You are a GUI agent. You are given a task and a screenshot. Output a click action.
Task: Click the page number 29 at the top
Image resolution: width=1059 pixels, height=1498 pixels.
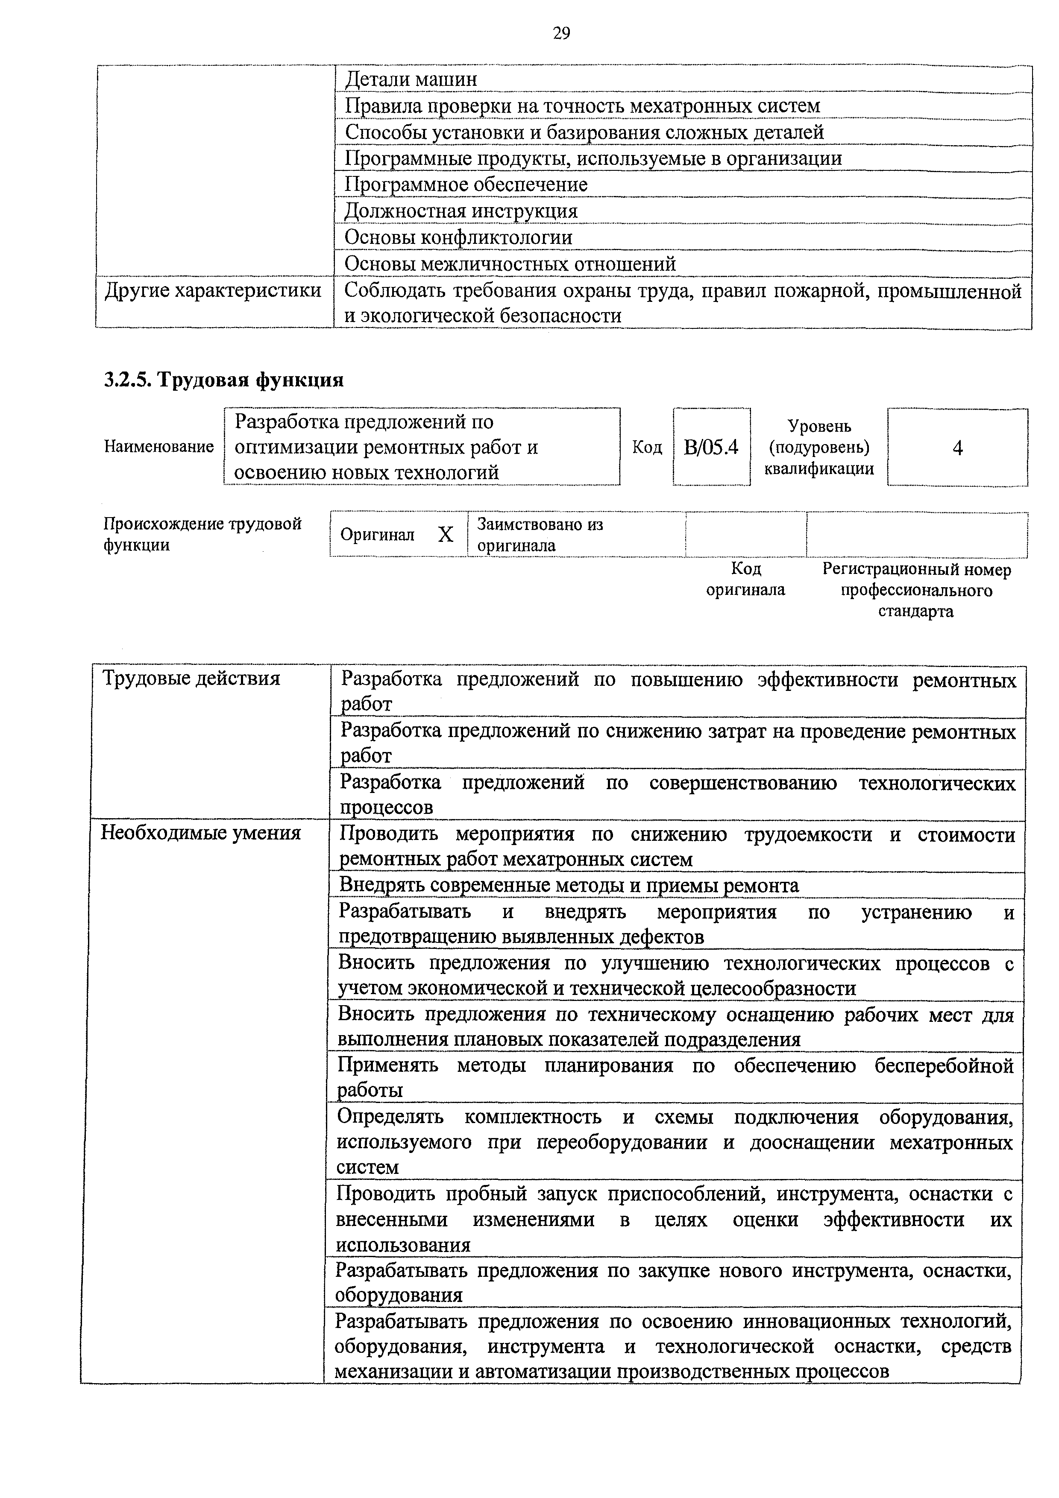coord(561,33)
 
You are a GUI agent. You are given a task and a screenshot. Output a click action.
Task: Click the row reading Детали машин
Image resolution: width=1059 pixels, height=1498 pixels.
coord(411,79)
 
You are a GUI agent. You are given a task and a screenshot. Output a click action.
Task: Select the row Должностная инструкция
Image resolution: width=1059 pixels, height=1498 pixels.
coord(461,211)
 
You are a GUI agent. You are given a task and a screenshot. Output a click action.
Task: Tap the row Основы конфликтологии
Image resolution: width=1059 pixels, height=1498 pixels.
coord(458,237)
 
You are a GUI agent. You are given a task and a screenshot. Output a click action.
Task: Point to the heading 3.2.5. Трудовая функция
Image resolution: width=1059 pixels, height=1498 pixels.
coord(224,380)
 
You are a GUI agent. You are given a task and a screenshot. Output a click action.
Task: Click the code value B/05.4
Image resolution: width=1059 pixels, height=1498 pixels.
coord(711,448)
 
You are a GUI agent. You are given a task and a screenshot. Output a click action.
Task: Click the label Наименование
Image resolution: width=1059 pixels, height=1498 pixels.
coord(158,447)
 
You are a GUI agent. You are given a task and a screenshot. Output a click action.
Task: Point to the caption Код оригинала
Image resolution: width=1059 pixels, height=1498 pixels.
coord(746,579)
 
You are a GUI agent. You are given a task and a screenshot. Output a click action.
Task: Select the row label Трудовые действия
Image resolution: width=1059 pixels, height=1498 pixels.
coord(191,679)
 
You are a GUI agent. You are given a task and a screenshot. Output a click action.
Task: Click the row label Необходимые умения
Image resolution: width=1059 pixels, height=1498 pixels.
coord(200,833)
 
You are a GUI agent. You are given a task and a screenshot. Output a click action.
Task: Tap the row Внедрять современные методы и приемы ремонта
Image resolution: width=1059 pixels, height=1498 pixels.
coord(568,885)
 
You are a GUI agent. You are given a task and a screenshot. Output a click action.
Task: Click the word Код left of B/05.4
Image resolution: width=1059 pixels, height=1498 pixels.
coord(647,448)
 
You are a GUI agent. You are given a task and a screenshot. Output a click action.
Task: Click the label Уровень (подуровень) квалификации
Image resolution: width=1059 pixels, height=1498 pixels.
coord(819,448)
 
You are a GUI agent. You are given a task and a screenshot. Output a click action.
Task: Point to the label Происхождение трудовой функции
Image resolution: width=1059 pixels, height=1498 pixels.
coord(202,534)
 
